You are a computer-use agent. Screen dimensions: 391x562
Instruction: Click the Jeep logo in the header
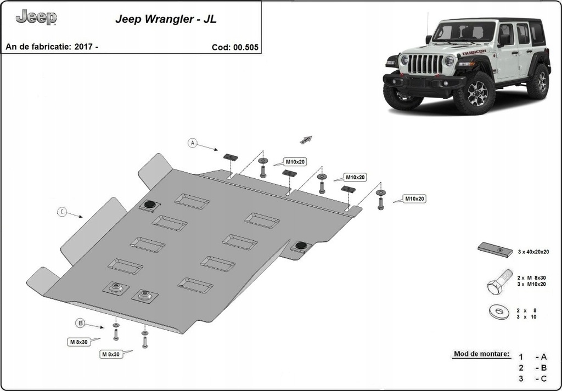click(36, 18)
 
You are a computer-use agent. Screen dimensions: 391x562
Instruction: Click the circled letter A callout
click(192, 143)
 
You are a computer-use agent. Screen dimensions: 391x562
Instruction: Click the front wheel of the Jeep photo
click(474, 93)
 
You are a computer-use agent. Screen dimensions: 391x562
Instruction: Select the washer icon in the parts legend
click(499, 312)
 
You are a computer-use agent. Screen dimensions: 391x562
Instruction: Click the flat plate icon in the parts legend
click(495, 250)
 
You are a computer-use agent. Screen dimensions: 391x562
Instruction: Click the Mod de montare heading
click(481, 354)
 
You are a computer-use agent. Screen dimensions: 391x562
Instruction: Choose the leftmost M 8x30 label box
click(78, 342)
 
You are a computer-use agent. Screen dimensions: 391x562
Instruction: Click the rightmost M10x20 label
click(415, 199)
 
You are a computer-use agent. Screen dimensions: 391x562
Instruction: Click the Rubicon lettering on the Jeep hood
click(474, 53)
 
